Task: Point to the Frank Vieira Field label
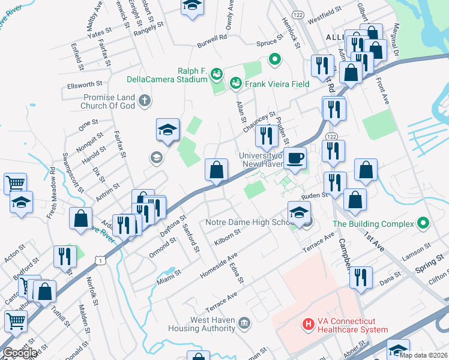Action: click(x=276, y=84)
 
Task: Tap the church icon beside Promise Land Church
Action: click(x=144, y=100)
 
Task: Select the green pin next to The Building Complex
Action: click(x=424, y=224)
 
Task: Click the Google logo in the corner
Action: click(x=20, y=352)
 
